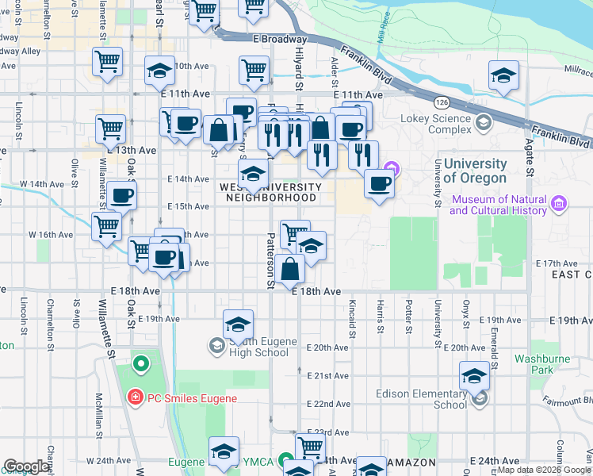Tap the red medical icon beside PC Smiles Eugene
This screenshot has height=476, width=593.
pyautogui.click(x=136, y=396)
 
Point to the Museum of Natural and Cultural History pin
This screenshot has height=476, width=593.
pyautogui.click(x=560, y=205)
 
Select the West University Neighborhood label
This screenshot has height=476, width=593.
pyautogui.click(x=270, y=192)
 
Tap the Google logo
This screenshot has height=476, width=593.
pyautogui.click(x=26, y=466)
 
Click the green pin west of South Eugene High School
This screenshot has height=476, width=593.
pyautogui.click(x=141, y=365)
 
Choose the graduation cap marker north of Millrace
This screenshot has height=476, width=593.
pyautogui.click(x=503, y=76)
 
